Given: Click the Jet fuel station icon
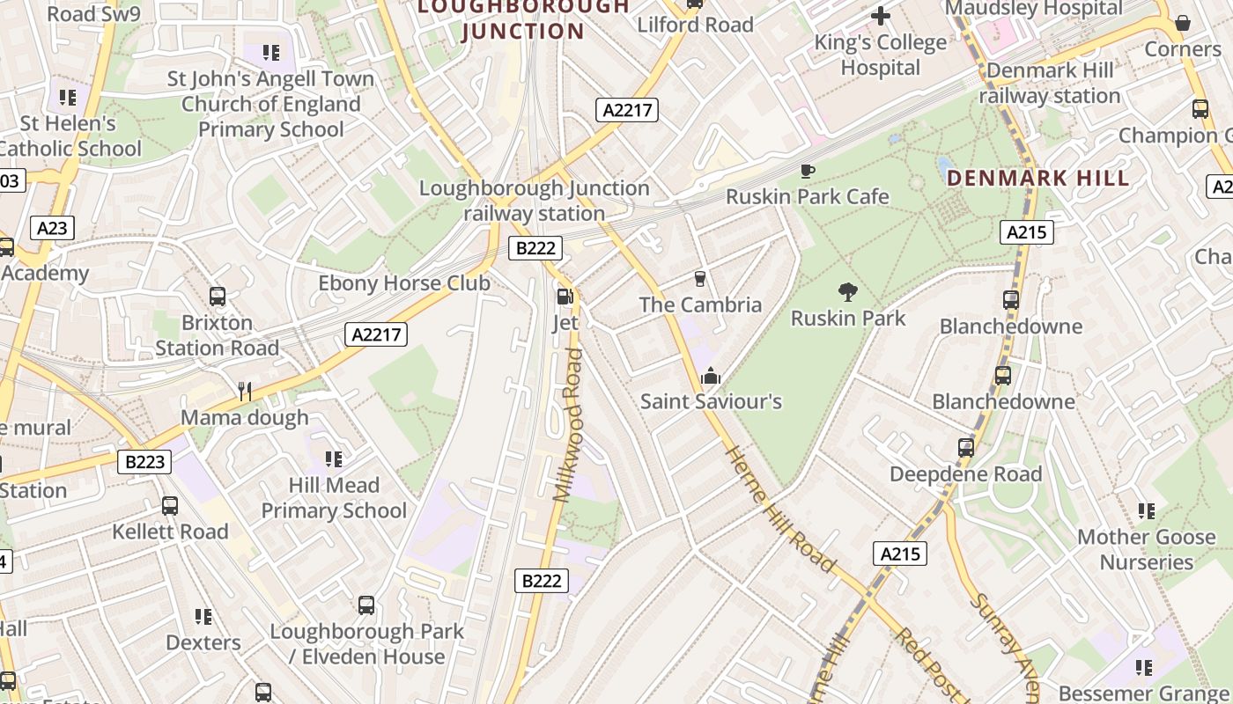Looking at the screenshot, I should coord(565,297).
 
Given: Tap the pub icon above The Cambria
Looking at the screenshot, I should coord(700,279).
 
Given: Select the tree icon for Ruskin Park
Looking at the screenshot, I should coord(847,291).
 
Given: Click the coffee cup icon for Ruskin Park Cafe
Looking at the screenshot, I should coord(807,171).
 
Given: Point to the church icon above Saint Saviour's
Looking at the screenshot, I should coord(710,377).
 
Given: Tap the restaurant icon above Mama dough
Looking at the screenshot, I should coord(245,391).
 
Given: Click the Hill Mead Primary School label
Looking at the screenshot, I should coord(334,498).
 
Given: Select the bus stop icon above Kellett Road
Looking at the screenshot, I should coord(170,506).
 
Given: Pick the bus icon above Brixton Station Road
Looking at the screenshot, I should coord(218,297).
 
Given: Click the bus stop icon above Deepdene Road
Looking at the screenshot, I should coord(966,448).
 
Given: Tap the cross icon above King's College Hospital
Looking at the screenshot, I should coord(880,16).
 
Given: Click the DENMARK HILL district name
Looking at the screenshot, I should coord(1037,179).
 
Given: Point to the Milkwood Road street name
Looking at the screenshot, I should coord(569,425).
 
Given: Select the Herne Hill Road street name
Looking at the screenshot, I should coord(779,509).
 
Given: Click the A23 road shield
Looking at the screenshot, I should coord(52,229).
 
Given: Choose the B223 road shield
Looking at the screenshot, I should coord(144,462).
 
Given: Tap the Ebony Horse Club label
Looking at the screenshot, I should coord(403,283).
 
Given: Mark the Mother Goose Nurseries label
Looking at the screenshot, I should coord(1147,549).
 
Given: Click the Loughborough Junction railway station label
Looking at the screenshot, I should coord(534,201).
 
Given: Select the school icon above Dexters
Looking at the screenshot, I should coord(203,617).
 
